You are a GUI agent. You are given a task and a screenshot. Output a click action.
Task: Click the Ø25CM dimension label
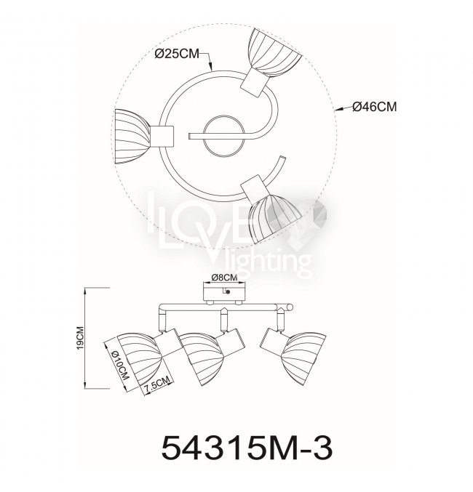177,54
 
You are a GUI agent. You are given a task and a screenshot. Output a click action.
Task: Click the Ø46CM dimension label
374,107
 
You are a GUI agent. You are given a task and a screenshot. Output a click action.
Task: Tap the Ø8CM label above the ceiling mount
224,278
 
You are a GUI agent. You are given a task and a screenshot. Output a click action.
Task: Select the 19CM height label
80,338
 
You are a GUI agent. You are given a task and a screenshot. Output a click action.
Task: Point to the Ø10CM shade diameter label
121,365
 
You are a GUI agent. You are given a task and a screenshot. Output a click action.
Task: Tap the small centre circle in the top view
223,136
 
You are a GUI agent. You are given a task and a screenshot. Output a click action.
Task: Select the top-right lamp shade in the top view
275,53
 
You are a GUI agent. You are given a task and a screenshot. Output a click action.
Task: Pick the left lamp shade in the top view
132,137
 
